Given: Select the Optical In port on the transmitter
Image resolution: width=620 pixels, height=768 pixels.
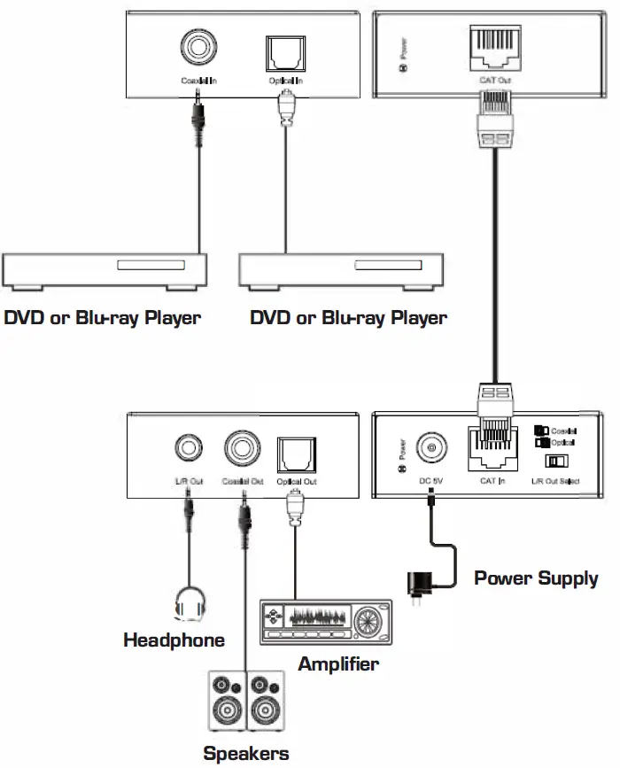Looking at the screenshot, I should [x=285, y=54].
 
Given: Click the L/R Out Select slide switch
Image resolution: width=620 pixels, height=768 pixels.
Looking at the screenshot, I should [x=555, y=462].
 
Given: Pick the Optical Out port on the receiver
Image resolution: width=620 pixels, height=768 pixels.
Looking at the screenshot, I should [x=297, y=454].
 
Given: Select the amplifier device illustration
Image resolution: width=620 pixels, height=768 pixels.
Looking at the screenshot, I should [x=324, y=624].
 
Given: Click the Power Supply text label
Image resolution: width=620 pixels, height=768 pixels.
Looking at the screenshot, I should [x=536, y=578].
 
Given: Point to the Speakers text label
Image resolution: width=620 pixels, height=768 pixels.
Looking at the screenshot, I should [x=246, y=754].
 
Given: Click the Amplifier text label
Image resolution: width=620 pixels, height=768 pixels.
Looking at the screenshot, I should [x=338, y=663].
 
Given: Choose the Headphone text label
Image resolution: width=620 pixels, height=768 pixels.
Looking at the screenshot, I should [x=174, y=640].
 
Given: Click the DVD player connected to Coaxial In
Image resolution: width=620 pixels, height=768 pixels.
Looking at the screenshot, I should [x=105, y=268].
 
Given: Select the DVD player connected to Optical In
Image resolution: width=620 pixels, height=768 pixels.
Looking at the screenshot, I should [x=342, y=268].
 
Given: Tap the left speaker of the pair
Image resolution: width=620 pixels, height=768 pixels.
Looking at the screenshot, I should [x=226, y=700].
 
